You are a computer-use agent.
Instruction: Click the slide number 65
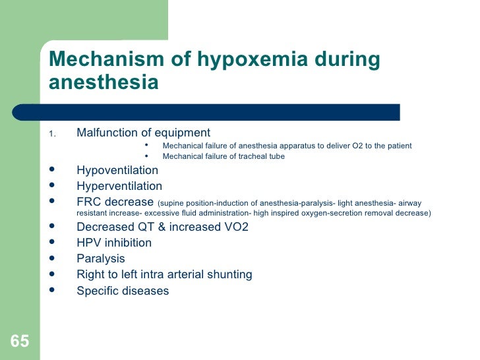pos(20,341)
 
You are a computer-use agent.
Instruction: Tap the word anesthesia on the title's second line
pos(104,84)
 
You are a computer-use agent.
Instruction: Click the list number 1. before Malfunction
pos(53,135)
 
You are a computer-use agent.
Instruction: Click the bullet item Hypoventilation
pos(117,170)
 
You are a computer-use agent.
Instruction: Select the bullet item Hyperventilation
pos(119,186)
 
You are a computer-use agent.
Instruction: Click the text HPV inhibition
pos(114,243)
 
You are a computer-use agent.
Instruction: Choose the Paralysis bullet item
pos(101,258)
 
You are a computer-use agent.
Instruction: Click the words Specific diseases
pos(123,291)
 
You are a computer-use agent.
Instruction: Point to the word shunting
pos(229,274)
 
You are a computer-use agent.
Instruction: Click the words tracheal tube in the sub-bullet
pos(264,156)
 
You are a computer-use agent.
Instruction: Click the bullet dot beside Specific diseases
pos(52,290)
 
